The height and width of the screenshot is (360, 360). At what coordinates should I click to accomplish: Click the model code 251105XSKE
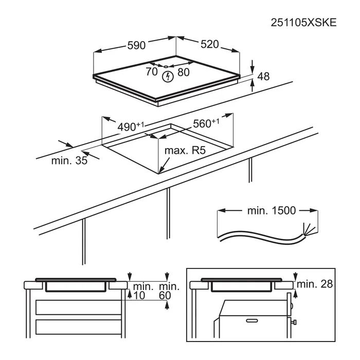pyautogui.click(x=303, y=23)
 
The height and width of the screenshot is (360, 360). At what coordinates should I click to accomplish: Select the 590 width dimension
pyautogui.click(x=136, y=45)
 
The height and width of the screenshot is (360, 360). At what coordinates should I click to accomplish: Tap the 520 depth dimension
pyautogui.click(x=210, y=44)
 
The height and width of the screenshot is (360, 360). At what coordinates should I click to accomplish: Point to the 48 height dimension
pyautogui.click(x=263, y=76)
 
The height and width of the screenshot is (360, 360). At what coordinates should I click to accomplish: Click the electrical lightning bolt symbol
pyautogui.click(x=168, y=77)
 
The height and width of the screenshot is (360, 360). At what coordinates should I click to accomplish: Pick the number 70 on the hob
pyautogui.click(x=152, y=71)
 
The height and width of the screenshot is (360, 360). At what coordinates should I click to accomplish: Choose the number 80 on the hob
pyautogui.click(x=184, y=72)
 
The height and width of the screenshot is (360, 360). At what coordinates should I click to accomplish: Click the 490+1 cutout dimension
pyautogui.click(x=131, y=127)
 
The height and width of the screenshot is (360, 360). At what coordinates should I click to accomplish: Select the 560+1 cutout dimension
pyautogui.click(x=206, y=123)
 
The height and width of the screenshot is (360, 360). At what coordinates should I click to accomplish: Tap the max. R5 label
pyautogui.click(x=185, y=150)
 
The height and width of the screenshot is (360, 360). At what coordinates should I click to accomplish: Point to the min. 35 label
pyautogui.click(x=69, y=160)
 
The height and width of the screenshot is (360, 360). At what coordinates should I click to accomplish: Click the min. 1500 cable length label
pyautogui.click(x=272, y=210)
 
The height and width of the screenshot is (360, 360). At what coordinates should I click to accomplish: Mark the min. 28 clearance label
pyautogui.click(x=315, y=284)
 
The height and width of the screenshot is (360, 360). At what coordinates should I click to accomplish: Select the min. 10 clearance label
pyautogui.click(x=143, y=291)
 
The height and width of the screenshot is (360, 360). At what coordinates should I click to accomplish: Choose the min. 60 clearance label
pyautogui.click(x=169, y=291)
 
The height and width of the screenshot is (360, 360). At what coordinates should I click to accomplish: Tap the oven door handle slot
pyautogui.click(x=252, y=320)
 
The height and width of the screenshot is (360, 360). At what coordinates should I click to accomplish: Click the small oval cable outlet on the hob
pyautogui.click(x=166, y=66)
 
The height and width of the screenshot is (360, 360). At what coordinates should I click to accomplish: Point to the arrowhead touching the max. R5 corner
pyautogui.click(x=160, y=170)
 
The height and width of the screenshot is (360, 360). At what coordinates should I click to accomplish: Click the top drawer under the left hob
pyautogui.click(x=79, y=307)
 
